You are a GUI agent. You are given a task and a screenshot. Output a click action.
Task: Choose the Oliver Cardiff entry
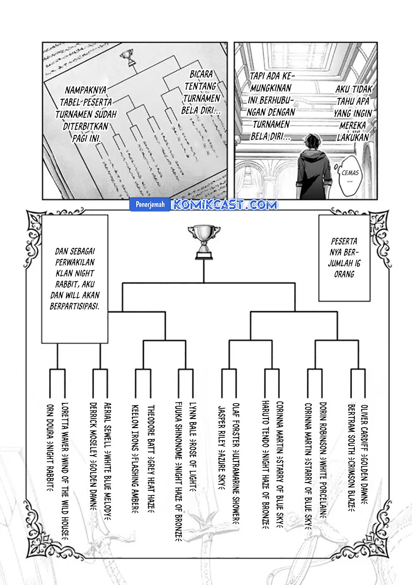click(x=365, y=453)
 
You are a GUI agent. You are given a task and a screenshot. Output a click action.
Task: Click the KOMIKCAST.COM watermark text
click(x=224, y=205)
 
